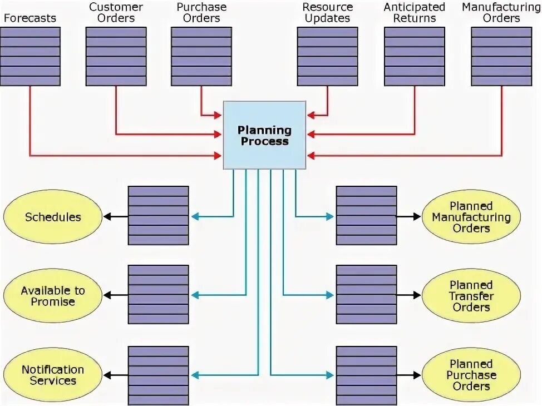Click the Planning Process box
(264, 135)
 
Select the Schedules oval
(53, 217)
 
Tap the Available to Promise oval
(53, 296)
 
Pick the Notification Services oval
(53, 375)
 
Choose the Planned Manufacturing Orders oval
(471, 217)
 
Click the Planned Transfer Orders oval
(471, 296)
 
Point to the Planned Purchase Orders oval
(471, 375)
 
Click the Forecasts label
(30, 18)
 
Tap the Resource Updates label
(327, 12)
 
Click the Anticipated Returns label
(415, 12)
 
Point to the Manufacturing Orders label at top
(501, 12)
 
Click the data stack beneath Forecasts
(30, 56)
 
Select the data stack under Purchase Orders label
(201, 56)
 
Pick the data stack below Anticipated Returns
(415, 56)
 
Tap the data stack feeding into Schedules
(159, 216)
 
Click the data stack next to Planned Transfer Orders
(367, 295)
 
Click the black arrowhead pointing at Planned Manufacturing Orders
(417, 216)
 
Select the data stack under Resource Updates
(327, 56)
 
